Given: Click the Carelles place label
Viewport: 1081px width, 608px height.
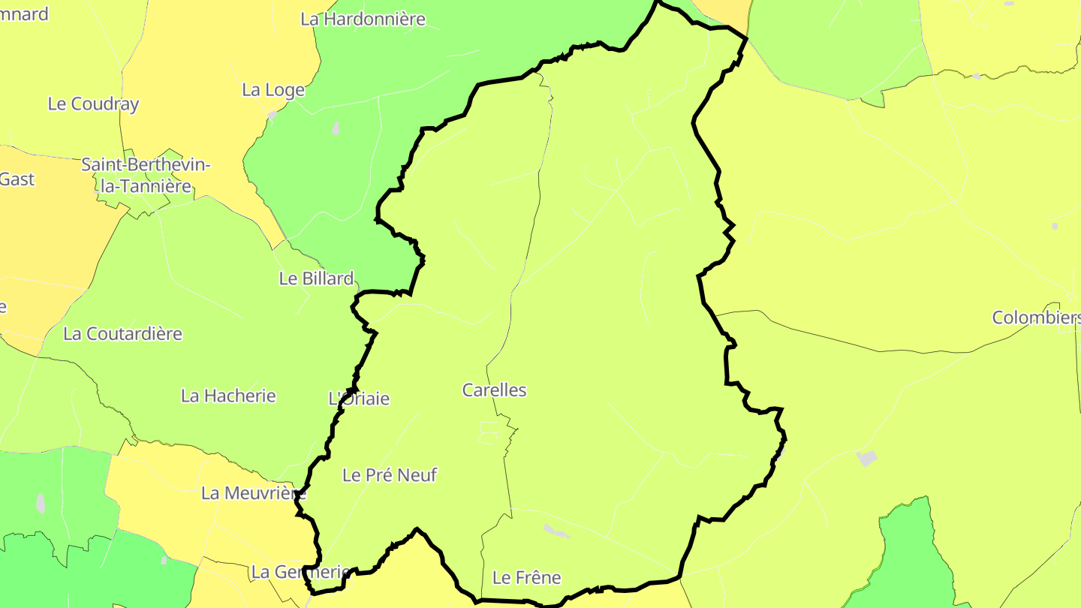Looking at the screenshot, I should coord(494,390).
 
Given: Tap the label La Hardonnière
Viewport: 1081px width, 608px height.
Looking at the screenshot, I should coord(363,20).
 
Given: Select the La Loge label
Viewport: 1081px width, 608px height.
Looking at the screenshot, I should coord(273,90).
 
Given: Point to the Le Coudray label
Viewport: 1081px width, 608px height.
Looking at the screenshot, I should coord(93,104).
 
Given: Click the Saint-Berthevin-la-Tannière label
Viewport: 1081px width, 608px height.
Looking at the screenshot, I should coord(146,175).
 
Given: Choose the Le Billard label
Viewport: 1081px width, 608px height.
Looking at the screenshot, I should coord(316,278).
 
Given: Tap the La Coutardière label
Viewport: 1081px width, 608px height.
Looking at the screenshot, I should coord(122,334).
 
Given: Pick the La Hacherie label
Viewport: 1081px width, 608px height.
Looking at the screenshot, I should coord(228,396).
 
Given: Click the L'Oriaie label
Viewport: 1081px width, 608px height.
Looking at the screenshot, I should coord(360,399).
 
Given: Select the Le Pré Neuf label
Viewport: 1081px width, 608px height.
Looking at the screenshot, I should coord(389,475).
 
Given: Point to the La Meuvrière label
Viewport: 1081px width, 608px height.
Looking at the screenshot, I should coord(253,493).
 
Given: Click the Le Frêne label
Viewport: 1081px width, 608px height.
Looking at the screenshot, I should coord(526,577).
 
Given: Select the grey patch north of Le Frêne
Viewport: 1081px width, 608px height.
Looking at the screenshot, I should coord(556,531).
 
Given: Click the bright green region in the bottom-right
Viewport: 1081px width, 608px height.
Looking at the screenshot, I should coord(908,555).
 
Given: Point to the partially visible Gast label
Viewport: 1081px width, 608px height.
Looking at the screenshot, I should coord(17,179).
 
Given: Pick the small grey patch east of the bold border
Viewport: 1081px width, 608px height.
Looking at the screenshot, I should coord(866,458).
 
